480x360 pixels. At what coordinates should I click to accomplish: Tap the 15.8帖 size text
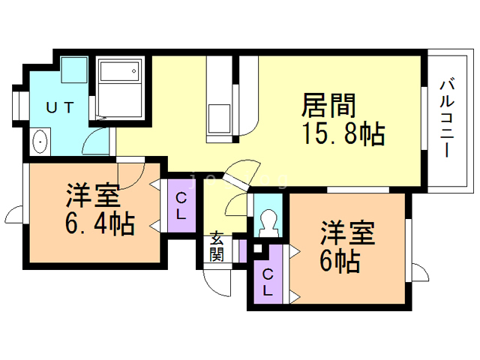[343, 134]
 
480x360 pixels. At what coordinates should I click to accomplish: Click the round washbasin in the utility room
[41, 140]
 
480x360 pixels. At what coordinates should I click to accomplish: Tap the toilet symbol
[267, 222]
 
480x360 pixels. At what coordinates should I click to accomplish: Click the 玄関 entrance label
[217, 247]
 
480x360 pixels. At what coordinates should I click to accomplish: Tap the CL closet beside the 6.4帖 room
[181, 205]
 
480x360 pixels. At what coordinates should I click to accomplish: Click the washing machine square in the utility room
[74, 72]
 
